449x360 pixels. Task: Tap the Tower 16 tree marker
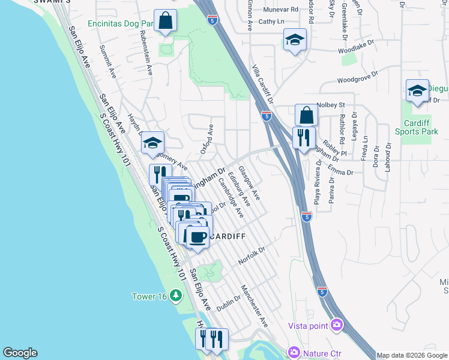(175, 295)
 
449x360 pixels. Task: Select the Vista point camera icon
(336, 325)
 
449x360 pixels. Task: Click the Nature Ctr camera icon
(294, 352)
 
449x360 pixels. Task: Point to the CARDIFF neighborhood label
(227, 236)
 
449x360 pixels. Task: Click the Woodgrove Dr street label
(358, 77)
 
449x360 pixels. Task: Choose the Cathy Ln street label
(271, 21)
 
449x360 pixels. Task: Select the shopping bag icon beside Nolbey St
(306, 114)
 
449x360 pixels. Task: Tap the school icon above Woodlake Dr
(294, 40)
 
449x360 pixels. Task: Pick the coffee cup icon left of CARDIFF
(197, 236)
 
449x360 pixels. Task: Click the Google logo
(20, 353)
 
